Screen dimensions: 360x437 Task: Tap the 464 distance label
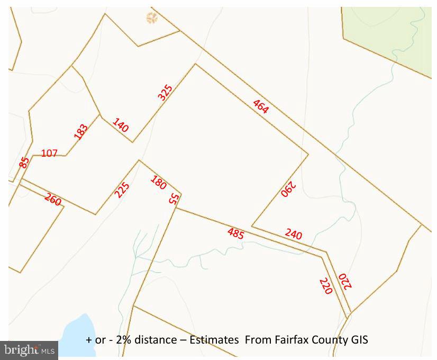[x=260, y=106]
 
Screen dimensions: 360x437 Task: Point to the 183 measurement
[x=81, y=131]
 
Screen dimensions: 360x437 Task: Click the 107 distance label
[x=49, y=154]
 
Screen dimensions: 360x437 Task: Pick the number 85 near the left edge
[x=24, y=162]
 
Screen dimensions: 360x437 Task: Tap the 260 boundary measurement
[x=53, y=199]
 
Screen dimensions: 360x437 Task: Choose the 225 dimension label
[x=122, y=190]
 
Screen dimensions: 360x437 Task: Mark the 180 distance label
[x=158, y=183]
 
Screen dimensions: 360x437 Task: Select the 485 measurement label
[x=235, y=233]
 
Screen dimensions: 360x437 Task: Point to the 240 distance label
[x=293, y=233]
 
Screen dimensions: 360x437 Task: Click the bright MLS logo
[x=29, y=349]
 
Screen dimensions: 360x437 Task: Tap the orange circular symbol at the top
[x=152, y=19]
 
